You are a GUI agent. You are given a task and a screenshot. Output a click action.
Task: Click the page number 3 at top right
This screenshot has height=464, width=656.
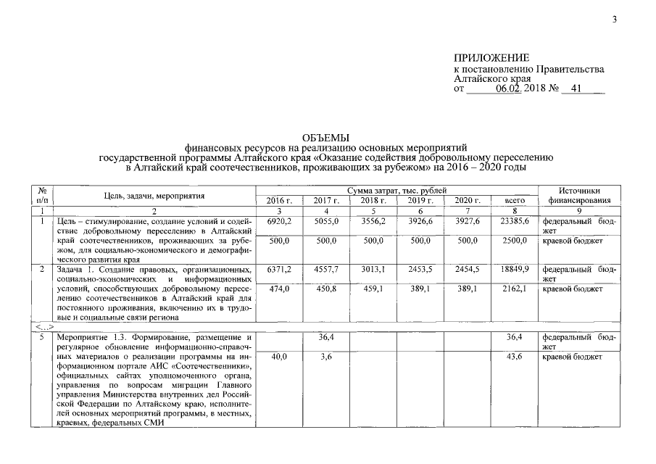tap(613, 19)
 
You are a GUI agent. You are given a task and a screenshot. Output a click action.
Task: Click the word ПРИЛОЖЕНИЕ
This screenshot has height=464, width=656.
tap(491, 58)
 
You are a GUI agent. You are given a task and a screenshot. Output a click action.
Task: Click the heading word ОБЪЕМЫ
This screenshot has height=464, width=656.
tap(325, 138)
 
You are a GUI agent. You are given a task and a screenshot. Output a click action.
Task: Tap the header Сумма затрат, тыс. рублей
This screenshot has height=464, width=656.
tap(396, 190)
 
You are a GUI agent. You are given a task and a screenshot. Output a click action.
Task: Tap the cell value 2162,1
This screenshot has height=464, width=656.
tap(517, 289)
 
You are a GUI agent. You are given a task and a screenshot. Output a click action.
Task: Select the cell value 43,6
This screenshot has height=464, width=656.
tap(517, 357)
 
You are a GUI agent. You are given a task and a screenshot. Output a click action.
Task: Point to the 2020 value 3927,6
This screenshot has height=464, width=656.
tap(468, 220)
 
